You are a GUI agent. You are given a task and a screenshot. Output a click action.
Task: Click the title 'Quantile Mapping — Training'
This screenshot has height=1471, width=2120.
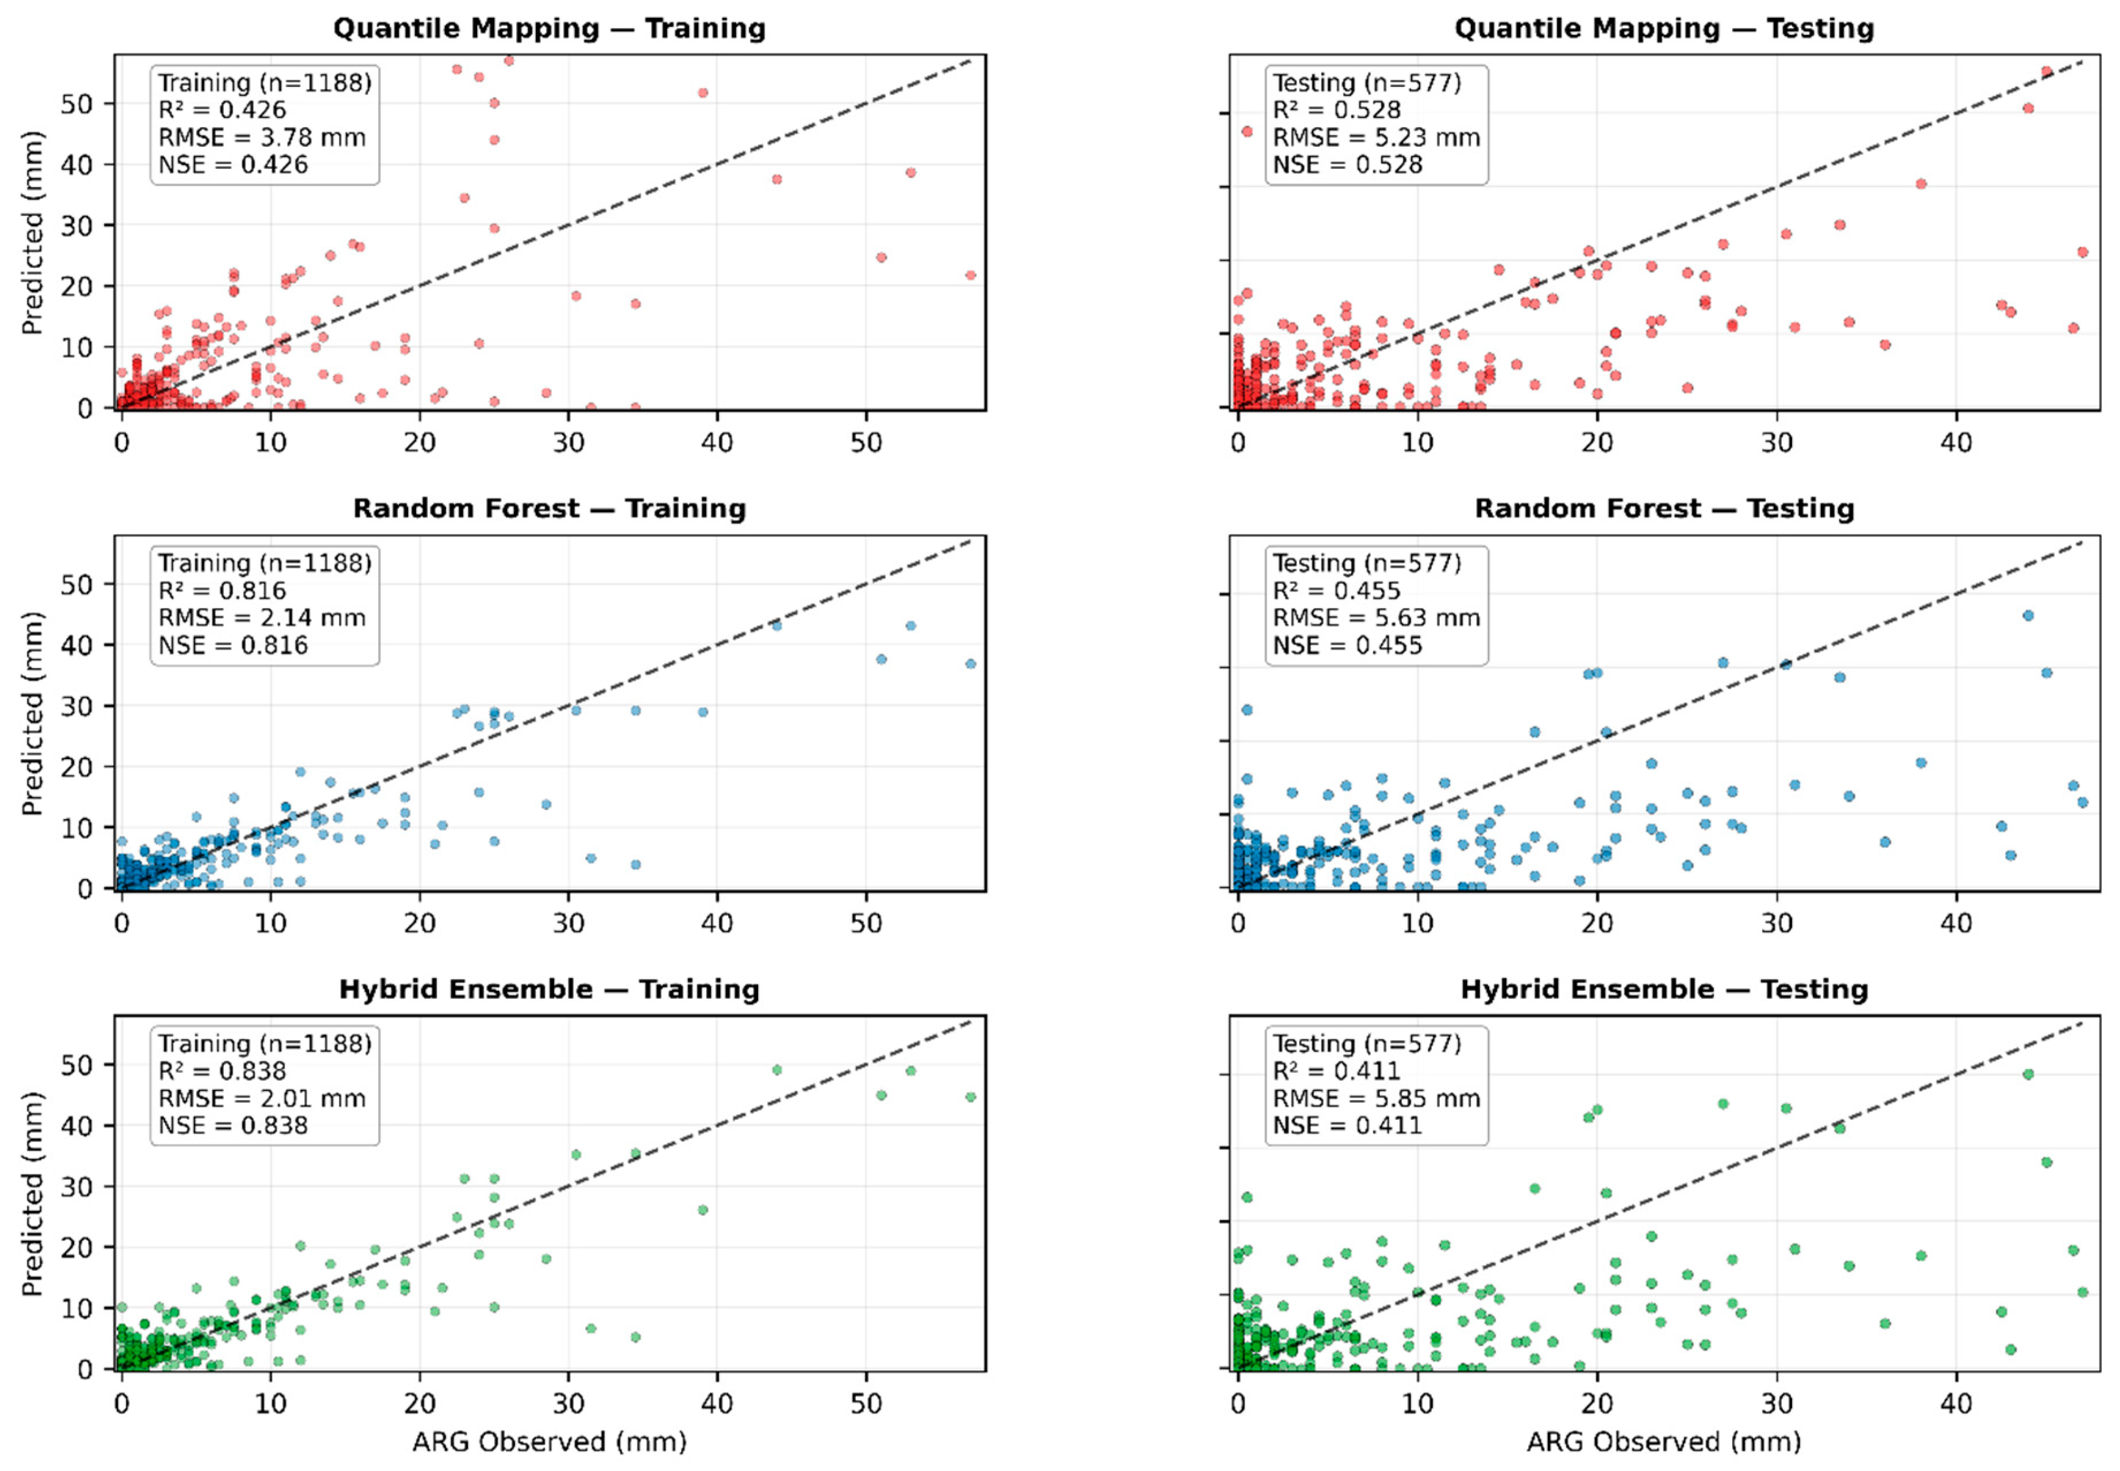[x=549, y=29]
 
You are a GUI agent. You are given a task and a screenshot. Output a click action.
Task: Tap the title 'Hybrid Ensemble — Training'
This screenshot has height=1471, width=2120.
[x=549, y=990]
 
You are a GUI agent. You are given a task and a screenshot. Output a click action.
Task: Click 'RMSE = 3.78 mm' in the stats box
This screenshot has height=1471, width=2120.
[x=262, y=138]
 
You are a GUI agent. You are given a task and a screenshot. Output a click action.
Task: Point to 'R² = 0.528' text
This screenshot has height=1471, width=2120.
[x=1336, y=109]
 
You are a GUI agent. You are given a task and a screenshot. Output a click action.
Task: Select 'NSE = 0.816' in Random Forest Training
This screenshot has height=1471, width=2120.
[x=233, y=645]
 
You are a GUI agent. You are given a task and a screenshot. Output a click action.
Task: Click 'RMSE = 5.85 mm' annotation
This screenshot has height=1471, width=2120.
[x=1376, y=1099]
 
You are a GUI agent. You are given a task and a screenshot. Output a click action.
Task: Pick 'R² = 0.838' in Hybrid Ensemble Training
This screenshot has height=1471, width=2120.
[x=222, y=1071]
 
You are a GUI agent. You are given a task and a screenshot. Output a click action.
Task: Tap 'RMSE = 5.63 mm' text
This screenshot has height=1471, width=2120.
[x=1376, y=618]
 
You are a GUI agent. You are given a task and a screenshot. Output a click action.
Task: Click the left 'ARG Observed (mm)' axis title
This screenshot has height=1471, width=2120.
[x=549, y=1442]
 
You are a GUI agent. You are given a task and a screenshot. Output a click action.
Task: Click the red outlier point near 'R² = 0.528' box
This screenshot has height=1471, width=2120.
[x=1247, y=132]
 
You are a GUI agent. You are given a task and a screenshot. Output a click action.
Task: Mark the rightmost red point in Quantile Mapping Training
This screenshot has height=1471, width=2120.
[x=970, y=275]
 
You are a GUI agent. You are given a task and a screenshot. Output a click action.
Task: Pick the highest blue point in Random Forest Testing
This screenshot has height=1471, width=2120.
[x=2028, y=616]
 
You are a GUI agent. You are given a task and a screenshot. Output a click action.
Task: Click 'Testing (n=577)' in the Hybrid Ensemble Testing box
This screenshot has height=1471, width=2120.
[x=1367, y=1043]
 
